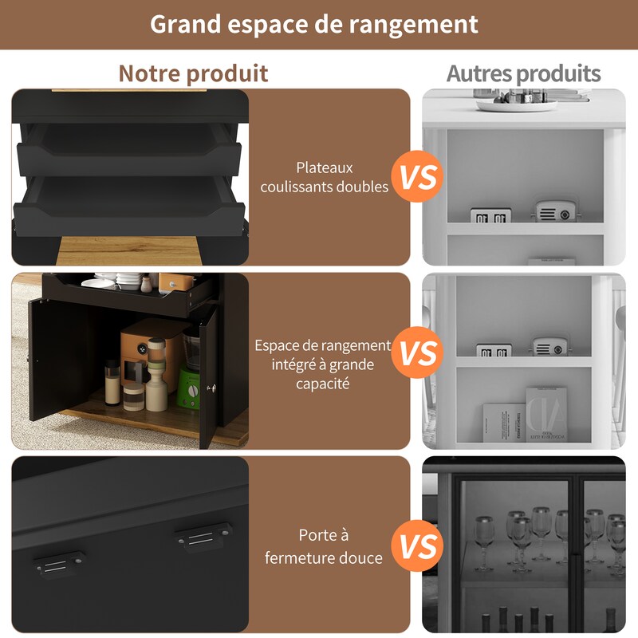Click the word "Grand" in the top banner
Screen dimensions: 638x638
(x=185, y=25)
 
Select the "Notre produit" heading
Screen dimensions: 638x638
(x=193, y=73)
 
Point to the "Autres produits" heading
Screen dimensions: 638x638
(x=523, y=73)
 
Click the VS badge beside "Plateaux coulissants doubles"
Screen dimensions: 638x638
(x=418, y=176)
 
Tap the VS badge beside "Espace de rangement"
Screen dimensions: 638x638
(x=418, y=352)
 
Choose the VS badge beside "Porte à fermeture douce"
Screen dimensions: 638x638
(x=418, y=545)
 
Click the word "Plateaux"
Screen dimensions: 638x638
(x=325, y=167)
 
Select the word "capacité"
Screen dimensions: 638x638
(x=323, y=384)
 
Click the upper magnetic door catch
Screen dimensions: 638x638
(x=203, y=536)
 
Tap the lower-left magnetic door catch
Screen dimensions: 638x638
(x=59, y=565)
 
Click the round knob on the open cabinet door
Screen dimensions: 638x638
(x=211, y=388)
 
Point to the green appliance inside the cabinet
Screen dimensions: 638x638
(x=189, y=388)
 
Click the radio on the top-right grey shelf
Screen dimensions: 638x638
(x=555, y=211)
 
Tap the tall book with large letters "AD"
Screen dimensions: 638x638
(x=546, y=415)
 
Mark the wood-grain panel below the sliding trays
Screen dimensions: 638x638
(x=129, y=250)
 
